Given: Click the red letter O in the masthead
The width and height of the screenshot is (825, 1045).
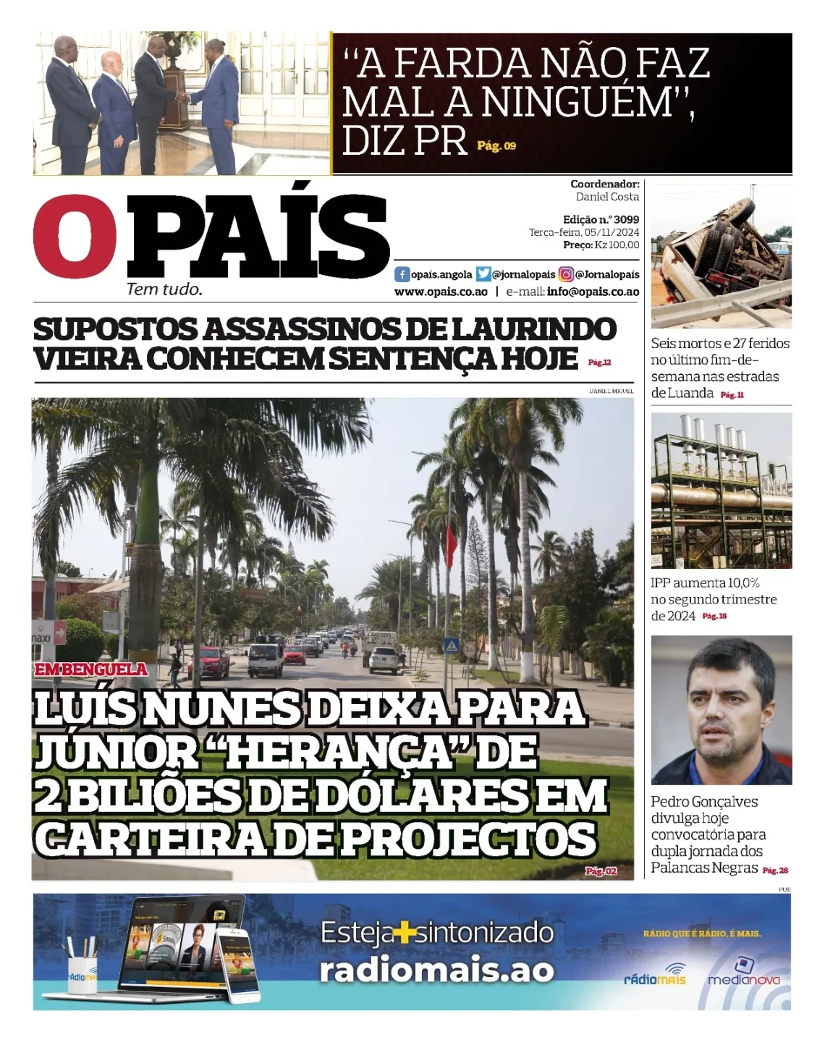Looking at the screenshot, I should (75, 235).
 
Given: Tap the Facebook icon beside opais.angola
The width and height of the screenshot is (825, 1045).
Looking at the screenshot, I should (402, 275).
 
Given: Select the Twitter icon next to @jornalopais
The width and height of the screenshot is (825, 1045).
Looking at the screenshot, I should (483, 275).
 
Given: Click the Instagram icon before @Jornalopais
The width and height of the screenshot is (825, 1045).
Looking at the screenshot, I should (566, 275).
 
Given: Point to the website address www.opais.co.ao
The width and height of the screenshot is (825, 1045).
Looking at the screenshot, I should (441, 292).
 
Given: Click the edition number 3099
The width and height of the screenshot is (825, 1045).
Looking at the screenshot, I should (626, 219).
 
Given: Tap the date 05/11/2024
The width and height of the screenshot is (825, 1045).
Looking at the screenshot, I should (612, 232).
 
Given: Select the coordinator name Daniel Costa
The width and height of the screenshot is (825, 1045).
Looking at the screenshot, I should (607, 197).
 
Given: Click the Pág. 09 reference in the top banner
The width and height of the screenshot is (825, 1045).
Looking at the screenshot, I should (496, 146).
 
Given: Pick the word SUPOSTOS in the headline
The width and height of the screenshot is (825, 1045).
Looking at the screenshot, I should (115, 330).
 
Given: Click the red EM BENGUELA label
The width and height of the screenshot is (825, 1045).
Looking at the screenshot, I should (91, 669).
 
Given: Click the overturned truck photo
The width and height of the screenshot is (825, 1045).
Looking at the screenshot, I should (721, 257).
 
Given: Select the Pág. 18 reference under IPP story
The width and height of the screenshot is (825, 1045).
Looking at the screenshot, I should (714, 616).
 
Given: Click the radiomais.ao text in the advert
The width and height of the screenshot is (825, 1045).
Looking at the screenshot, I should (437, 970).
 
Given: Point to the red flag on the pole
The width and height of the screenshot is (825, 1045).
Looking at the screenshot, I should (451, 546).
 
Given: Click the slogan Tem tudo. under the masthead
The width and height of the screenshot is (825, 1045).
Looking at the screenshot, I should (164, 289).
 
